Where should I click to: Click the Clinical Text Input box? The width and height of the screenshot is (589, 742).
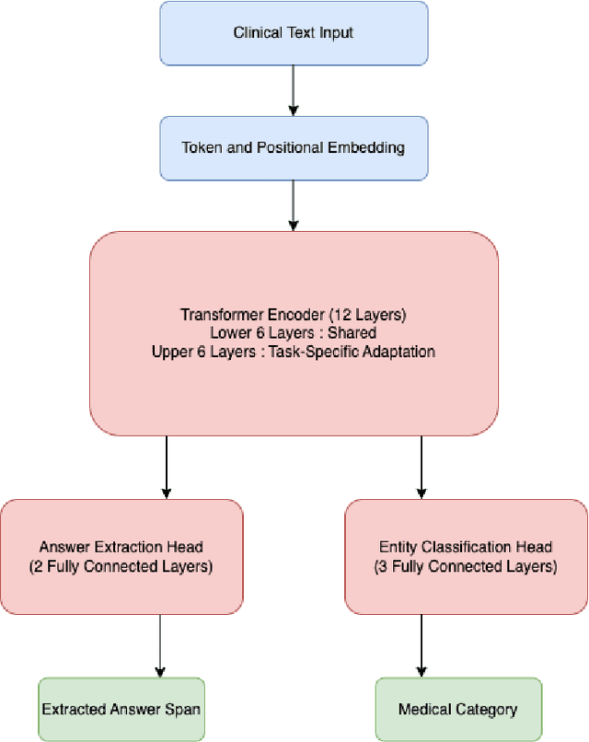[x=294, y=33]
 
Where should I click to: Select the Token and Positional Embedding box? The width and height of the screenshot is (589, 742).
[x=294, y=147]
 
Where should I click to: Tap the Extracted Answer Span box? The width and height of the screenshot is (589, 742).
[x=121, y=710]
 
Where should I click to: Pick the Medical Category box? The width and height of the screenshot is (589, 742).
[x=458, y=710]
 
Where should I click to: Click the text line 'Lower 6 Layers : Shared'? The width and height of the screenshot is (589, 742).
[x=294, y=333]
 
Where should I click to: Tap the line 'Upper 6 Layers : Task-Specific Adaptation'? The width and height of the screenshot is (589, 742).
[x=294, y=351]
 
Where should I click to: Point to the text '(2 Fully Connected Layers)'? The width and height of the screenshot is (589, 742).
[x=121, y=567]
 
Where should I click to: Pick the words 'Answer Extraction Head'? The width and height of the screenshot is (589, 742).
[x=121, y=549]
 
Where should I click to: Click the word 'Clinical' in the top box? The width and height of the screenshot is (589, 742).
[x=257, y=33]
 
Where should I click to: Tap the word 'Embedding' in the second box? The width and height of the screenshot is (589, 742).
[x=372, y=147]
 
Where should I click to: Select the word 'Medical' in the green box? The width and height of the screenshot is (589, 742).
[x=424, y=710]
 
